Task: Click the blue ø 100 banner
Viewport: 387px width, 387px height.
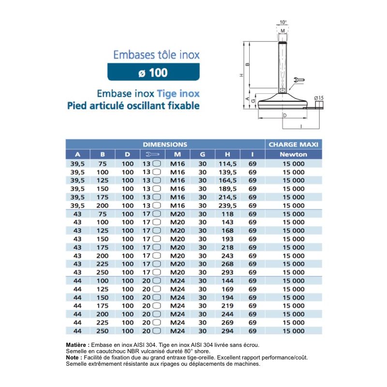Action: pyautogui.click(x=153, y=73)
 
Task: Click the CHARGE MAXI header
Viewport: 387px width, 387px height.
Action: pyautogui.click(x=293, y=144)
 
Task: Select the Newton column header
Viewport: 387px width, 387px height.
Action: pyautogui.click(x=293, y=154)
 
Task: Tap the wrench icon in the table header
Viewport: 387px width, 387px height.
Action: pyautogui.click(x=152, y=154)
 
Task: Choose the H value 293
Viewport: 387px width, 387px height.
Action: pyautogui.click(x=227, y=272)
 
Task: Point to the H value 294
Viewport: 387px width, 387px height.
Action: pyautogui.click(x=227, y=331)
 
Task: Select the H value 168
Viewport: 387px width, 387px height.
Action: pyautogui.click(x=227, y=230)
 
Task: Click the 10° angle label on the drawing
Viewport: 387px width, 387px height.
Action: pyautogui.click(x=283, y=22)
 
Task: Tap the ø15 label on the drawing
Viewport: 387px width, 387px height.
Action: pyautogui.click(x=318, y=98)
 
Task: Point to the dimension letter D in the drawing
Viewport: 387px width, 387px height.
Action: pyautogui.click(x=285, y=115)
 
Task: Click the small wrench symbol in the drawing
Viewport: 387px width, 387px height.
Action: pyautogui.click(x=298, y=80)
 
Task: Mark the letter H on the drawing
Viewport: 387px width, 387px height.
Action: pyautogui.click(x=240, y=75)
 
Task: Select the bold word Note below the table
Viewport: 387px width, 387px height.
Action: pyautogui.click(x=74, y=357)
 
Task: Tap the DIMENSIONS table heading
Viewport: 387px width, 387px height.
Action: pyautogui.click(x=165, y=144)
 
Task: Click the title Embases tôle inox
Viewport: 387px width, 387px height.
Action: pyautogui.click(x=156, y=55)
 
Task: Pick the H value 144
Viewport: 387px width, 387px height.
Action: pyautogui.click(x=227, y=281)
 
